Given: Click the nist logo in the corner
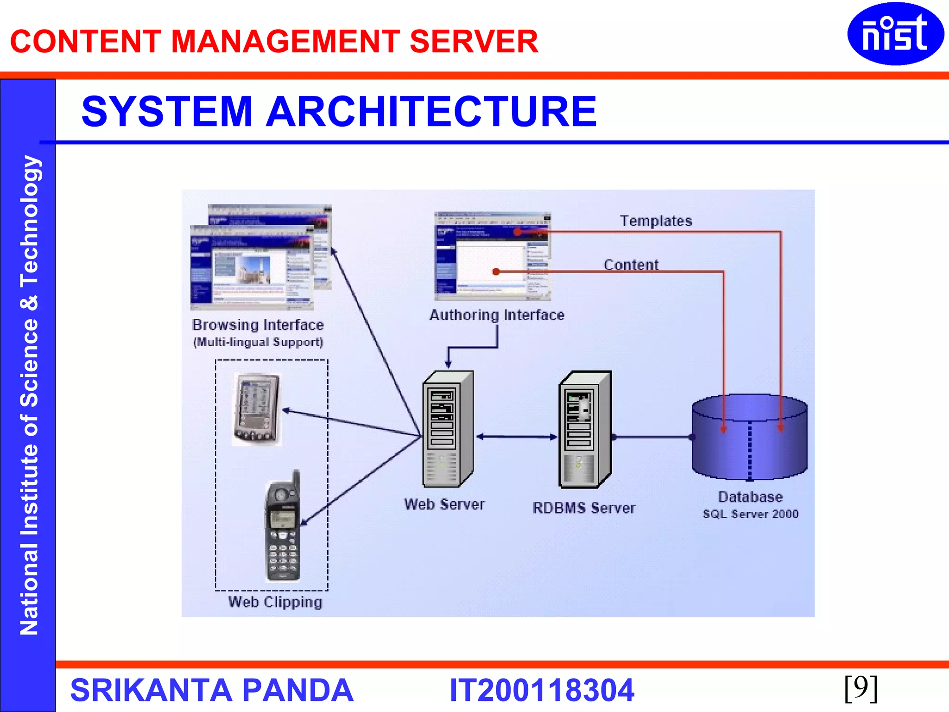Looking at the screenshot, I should tap(895, 34).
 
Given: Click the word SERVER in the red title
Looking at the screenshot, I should tap(474, 42).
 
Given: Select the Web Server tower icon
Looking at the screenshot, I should tap(447, 429).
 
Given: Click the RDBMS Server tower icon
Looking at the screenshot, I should tap(585, 429).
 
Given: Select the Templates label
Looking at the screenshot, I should tap(656, 221).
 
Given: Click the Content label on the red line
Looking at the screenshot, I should tap(631, 265).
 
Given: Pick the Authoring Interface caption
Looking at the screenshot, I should tap(497, 315).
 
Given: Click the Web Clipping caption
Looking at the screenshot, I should tap(275, 602).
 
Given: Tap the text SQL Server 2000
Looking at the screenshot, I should tap(750, 514).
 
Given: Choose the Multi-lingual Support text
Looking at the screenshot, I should tap(258, 342).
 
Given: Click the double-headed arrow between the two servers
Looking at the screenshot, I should tap(517, 436).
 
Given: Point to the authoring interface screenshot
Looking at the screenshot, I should tap(492, 256).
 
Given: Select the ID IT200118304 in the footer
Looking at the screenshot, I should tap(541, 690).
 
